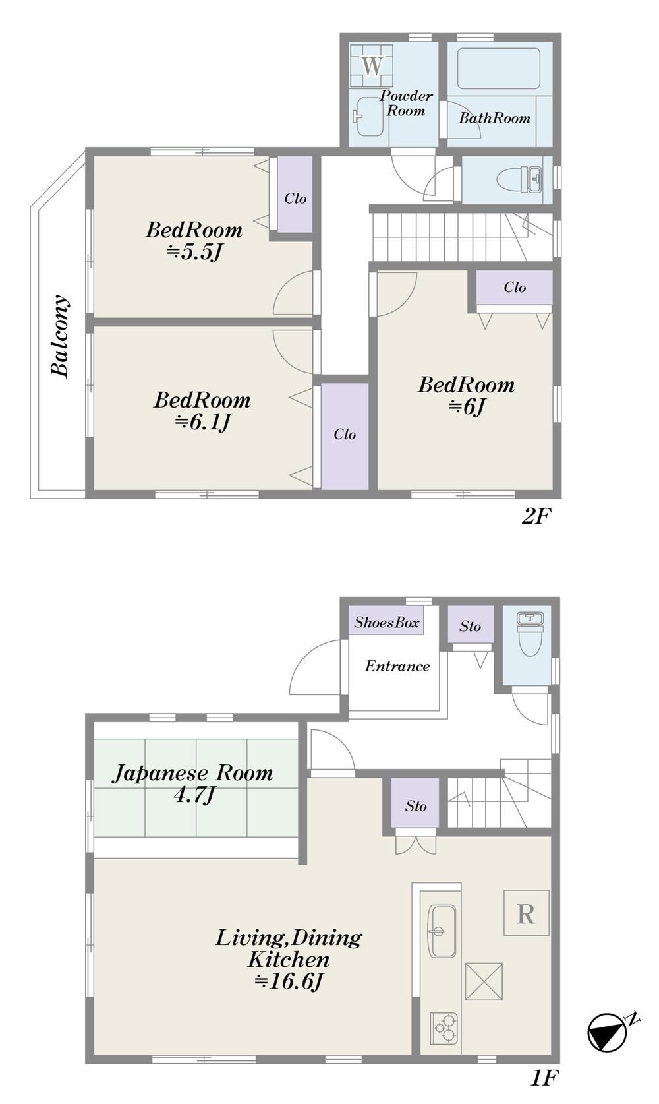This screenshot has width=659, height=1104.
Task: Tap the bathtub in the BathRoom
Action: (x=498, y=69)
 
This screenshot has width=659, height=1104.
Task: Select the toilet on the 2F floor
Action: (x=520, y=179)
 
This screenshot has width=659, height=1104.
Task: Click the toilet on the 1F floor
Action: (x=529, y=634)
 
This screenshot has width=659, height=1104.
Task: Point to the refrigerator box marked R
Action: (x=526, y=913)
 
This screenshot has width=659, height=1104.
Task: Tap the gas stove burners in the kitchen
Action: (x=444, y=1029)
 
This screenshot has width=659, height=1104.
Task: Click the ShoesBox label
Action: (x=387, y=622)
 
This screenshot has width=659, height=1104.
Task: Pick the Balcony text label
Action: (x=59, y=336)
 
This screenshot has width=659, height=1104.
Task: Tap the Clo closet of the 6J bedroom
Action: (x=515, y=288)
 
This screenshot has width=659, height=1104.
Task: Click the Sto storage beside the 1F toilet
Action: (x=470, y=626)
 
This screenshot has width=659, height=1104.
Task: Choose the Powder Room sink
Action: (x=368, y=116)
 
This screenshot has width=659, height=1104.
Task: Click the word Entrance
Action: (x=397, y=666)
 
